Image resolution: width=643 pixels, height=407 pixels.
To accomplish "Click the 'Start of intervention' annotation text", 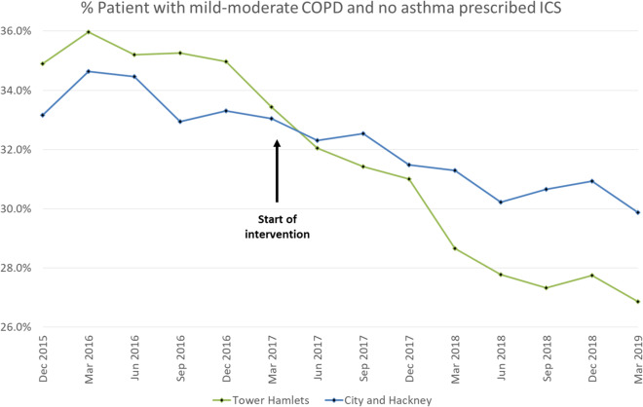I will (276, 226).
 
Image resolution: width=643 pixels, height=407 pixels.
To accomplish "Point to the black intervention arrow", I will (277, 170).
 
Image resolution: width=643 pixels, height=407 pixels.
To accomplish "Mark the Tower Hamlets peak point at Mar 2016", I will (89, 32).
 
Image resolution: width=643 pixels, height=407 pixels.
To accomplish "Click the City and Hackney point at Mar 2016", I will (89, 71).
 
